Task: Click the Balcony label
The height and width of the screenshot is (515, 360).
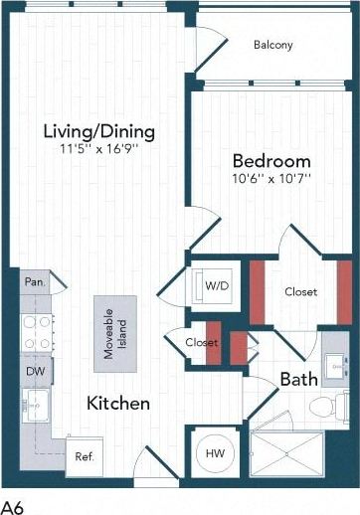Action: (272, 45)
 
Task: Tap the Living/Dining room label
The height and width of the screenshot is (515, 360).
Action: (98, 131)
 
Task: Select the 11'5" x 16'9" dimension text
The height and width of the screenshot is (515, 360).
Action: (98, 150)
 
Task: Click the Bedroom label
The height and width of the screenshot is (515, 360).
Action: (271, 161)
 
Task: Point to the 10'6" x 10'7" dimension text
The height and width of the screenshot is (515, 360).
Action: (271, 179)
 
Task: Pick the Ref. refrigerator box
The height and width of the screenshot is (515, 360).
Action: (85, 456)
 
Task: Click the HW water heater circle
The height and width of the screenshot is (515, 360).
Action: (215, 452)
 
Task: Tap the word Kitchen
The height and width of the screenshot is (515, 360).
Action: (117, 404)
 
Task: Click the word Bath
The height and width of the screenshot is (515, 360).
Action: (297, 379)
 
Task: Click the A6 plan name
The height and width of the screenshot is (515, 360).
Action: (13, 504)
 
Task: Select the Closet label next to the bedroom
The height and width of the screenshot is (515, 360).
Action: (300, 292)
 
